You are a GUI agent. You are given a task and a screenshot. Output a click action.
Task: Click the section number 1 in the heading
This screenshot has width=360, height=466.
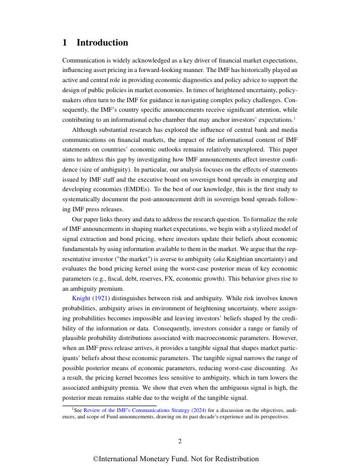click(66, 43)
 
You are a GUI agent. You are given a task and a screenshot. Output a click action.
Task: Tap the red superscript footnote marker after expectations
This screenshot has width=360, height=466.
click(294, 118)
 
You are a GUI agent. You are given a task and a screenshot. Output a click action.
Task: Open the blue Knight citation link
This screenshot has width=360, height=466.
click(81, 299)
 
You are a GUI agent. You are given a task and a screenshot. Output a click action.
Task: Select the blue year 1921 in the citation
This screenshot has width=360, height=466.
click(101, 299)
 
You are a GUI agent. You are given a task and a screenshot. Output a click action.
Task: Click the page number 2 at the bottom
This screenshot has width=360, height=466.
click(180, 441)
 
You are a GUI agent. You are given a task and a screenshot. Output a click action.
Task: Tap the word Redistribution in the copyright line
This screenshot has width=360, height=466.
click(236, 459)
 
